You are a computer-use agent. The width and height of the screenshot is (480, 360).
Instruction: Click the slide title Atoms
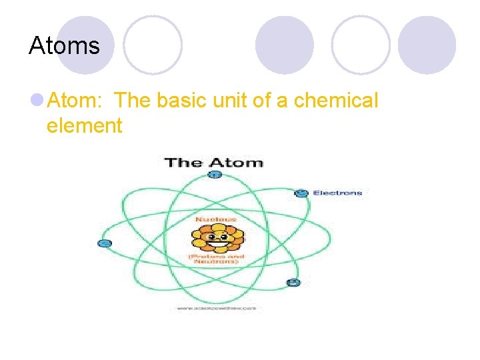tap(64, 46)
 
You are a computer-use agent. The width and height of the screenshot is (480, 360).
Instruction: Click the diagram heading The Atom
tap(213, 162)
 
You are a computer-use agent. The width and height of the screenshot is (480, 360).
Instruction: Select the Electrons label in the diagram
tap(337, 193)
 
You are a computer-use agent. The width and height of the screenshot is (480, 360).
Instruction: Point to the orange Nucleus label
tap(215, 218)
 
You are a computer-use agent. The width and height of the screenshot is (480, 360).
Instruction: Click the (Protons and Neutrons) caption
tap(215, 259)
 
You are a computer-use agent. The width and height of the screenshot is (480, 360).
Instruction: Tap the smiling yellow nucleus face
tap(217, 237)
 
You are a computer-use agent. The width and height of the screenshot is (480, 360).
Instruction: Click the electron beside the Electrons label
tap(301, 193)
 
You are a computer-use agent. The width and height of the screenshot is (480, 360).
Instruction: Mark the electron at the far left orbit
tap(104, 243)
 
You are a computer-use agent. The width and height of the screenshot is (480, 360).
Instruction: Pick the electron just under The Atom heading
tap(214, 175)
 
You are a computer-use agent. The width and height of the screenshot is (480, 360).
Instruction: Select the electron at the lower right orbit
tap(292, 282)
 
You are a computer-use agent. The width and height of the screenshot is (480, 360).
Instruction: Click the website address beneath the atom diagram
tap(216, 308)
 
